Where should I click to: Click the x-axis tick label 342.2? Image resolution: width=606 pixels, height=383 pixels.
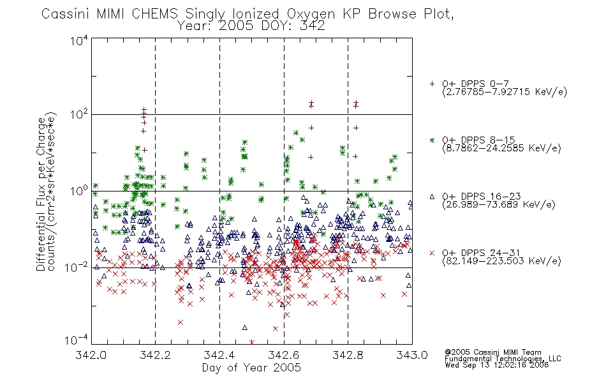click(155, 355)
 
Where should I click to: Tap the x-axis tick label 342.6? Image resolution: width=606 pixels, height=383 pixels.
click(284, 355)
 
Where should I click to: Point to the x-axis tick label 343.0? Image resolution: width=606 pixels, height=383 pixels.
click(412, 355)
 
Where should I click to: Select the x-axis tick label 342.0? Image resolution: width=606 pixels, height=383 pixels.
click(91, 355)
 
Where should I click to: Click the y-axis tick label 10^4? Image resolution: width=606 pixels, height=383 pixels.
click(79, 40)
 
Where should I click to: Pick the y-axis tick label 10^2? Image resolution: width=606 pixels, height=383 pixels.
click(79, 115)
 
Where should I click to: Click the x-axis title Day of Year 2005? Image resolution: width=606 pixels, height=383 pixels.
click(251, 368)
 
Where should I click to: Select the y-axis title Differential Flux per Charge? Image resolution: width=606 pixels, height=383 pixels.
click(41, 194)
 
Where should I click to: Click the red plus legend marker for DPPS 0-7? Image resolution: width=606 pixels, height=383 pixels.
click(432, 84)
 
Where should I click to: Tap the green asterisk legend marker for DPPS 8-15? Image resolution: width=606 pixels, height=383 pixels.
click(432, 140)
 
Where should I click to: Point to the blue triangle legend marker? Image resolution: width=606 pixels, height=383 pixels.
click(432, 197)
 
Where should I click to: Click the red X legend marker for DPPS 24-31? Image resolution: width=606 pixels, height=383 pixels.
click(432, 253)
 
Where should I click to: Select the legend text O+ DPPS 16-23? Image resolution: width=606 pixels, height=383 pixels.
click(482, 196)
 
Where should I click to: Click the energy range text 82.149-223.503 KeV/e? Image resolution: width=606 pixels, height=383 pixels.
click(501, 261)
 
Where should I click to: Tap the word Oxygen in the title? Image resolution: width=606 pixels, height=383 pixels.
click(311, 14)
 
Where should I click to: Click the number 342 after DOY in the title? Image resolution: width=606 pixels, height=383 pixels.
click(313, 26)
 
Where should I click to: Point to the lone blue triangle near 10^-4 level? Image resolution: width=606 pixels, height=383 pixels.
click(245, 327)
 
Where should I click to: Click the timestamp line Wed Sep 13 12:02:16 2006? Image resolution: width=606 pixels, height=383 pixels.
click(497, 365)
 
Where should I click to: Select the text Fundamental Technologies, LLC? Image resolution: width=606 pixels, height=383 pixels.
click(503, 359)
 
